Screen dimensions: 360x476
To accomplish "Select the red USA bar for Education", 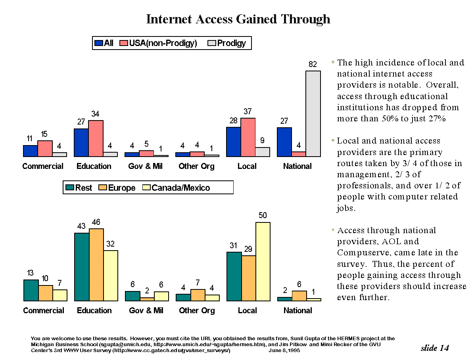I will [x=96, y=138].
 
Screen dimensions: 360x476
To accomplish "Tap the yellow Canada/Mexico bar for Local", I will [x=263, y=261].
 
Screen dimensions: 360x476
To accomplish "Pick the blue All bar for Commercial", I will [x=30, y=151].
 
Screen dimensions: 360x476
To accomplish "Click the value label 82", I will [x=313, y=64].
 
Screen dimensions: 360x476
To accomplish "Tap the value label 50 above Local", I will [x=263, y=215].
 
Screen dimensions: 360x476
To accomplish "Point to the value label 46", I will [x=96, y=222].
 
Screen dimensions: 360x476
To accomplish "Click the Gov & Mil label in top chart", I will [x=146, y=166].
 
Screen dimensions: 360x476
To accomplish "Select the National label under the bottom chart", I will [x=297, y=310].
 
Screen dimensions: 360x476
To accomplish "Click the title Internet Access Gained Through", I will [x=238, y=19].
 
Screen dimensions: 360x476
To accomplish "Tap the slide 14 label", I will [x=435, y=348].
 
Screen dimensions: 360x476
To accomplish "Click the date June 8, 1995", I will [x=284, y=350].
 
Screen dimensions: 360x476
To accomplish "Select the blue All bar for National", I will [x=284, y=142].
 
